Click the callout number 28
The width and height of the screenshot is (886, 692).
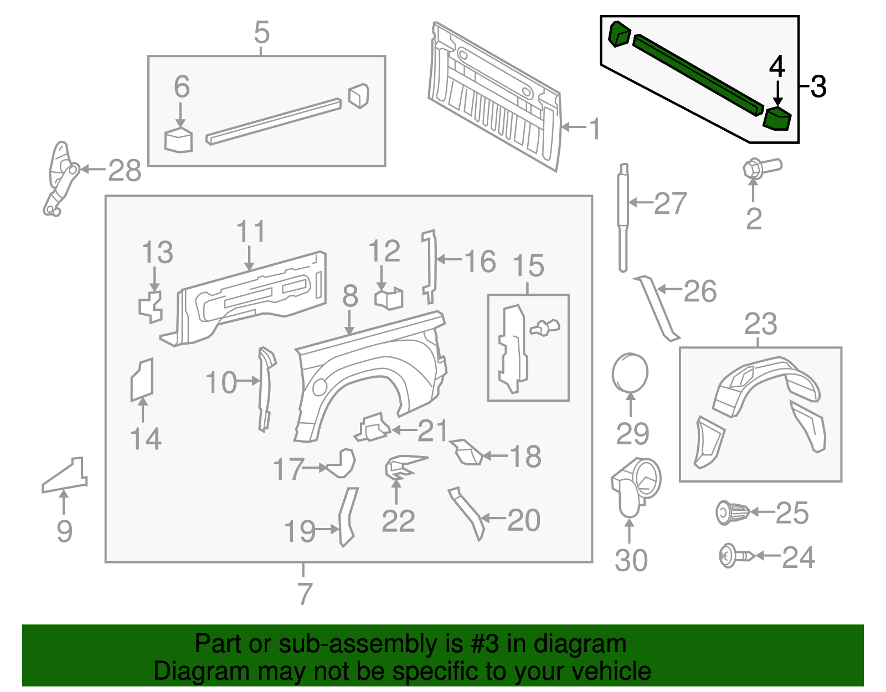pyautogui.click(x=125, y=171)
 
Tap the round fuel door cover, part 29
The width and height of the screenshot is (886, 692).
pyautogui.click(x=630, y=373)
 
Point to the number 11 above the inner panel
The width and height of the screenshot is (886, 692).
pyautogui.click(x=250, y=232)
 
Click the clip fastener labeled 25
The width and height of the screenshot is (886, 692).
pyautogui.click(x=732, y=512)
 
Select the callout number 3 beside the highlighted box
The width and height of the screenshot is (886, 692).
pyautogui.click(x=818, y=87)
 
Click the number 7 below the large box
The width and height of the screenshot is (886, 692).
pyautogui.click(x=305, y=593)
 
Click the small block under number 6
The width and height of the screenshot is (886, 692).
pyautogui.click(x=178, y=140)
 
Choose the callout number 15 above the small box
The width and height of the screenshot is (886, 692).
pyautogui.click(x=528, y=266)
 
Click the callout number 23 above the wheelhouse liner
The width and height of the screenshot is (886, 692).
pyautogui.click(x=760, y=324)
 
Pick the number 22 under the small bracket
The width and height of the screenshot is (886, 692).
pyautogui.click(x=398, y=521)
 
